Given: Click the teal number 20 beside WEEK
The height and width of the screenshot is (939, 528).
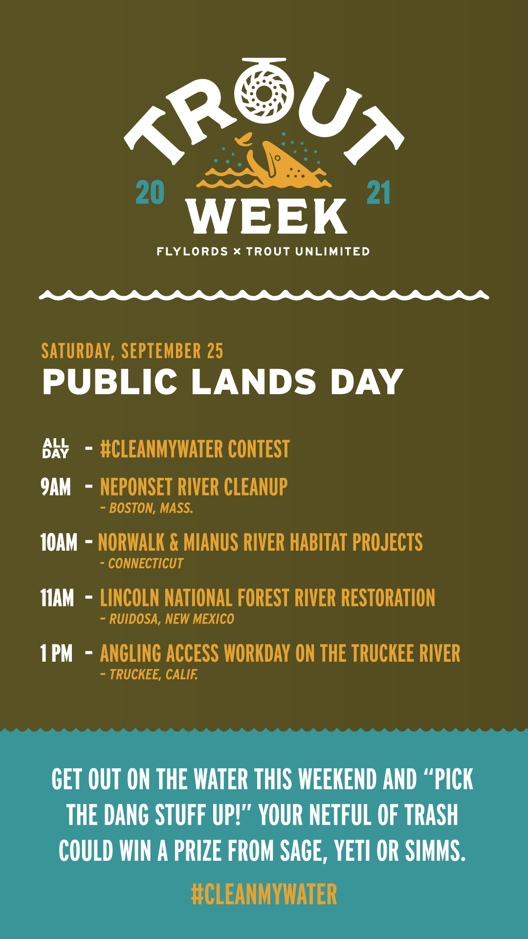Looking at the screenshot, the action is pyautogui.click(x=150, y=193).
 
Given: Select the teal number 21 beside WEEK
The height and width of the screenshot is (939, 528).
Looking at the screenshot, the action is pyautogui.click(x=378, y=193).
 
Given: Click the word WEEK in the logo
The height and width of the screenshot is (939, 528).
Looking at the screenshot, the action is pyautogui.click(x=266, y=216).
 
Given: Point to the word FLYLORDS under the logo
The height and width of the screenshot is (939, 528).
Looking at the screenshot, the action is pyautogui.click(x=192, y=251).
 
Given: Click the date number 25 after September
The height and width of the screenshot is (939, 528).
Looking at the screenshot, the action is pyautogui.click(x=215, y=351).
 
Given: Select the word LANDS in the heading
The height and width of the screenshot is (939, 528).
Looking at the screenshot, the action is pyautogui.click(x=254, y=382).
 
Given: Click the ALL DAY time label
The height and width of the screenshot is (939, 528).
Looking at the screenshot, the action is pyautogui.click(x=56, y=448).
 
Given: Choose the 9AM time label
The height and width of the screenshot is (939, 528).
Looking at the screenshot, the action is pyautogui.click(x=56, y=487).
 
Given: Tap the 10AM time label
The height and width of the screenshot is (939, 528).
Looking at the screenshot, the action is pyautogui.click(x=59, y=542).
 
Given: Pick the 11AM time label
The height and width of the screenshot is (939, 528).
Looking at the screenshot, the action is pyautogui.click(x=57, y=598).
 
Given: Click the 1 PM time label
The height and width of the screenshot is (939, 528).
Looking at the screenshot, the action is pyautogui.click(x=56, y=653).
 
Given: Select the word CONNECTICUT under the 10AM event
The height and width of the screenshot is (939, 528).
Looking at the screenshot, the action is pyautogui.click(x=146, y=563).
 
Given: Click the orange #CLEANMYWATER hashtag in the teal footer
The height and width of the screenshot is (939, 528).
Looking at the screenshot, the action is pyautogui.click(x=264, y=894).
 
